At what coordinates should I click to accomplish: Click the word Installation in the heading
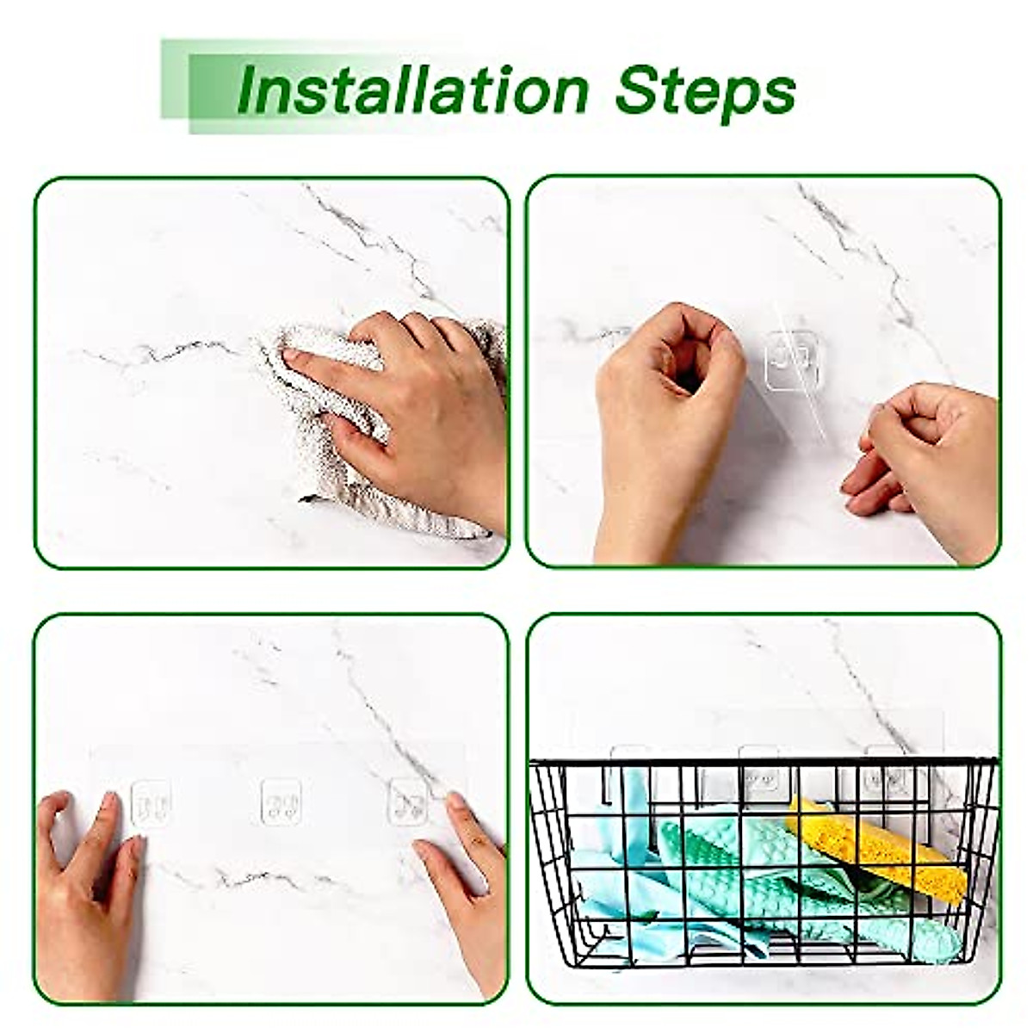tap(411, 90)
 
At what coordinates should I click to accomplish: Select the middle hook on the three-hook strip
tap(281, 802)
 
